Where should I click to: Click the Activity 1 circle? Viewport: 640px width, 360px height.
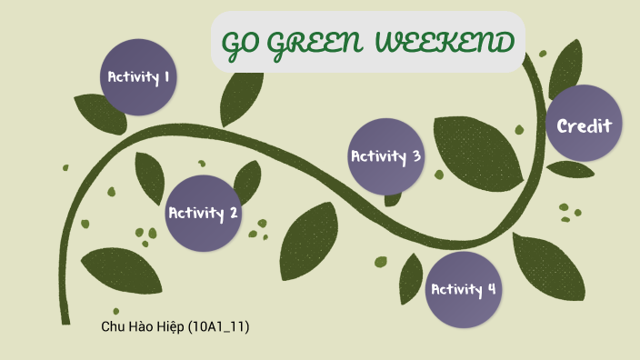coord(138,77)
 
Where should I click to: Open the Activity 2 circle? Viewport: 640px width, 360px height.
coord(203,213)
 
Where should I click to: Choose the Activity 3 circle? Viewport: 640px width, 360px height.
coord(386,155)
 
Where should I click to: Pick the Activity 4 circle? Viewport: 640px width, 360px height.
coord(464,289)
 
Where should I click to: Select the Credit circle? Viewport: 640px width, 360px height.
coord(585,125)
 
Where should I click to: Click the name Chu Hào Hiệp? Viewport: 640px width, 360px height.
coord(143,326)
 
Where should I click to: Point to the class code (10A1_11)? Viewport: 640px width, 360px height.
coord(218,326)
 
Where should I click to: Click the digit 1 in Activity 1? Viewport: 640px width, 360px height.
coord(167,77)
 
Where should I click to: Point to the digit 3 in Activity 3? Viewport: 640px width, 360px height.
coord(416,155)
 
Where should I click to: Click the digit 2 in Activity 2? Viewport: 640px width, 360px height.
coord(234,213)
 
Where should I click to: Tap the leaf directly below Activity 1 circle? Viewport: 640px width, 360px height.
coord(100,113)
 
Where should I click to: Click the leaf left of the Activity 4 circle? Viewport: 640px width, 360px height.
coord(410,276)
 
